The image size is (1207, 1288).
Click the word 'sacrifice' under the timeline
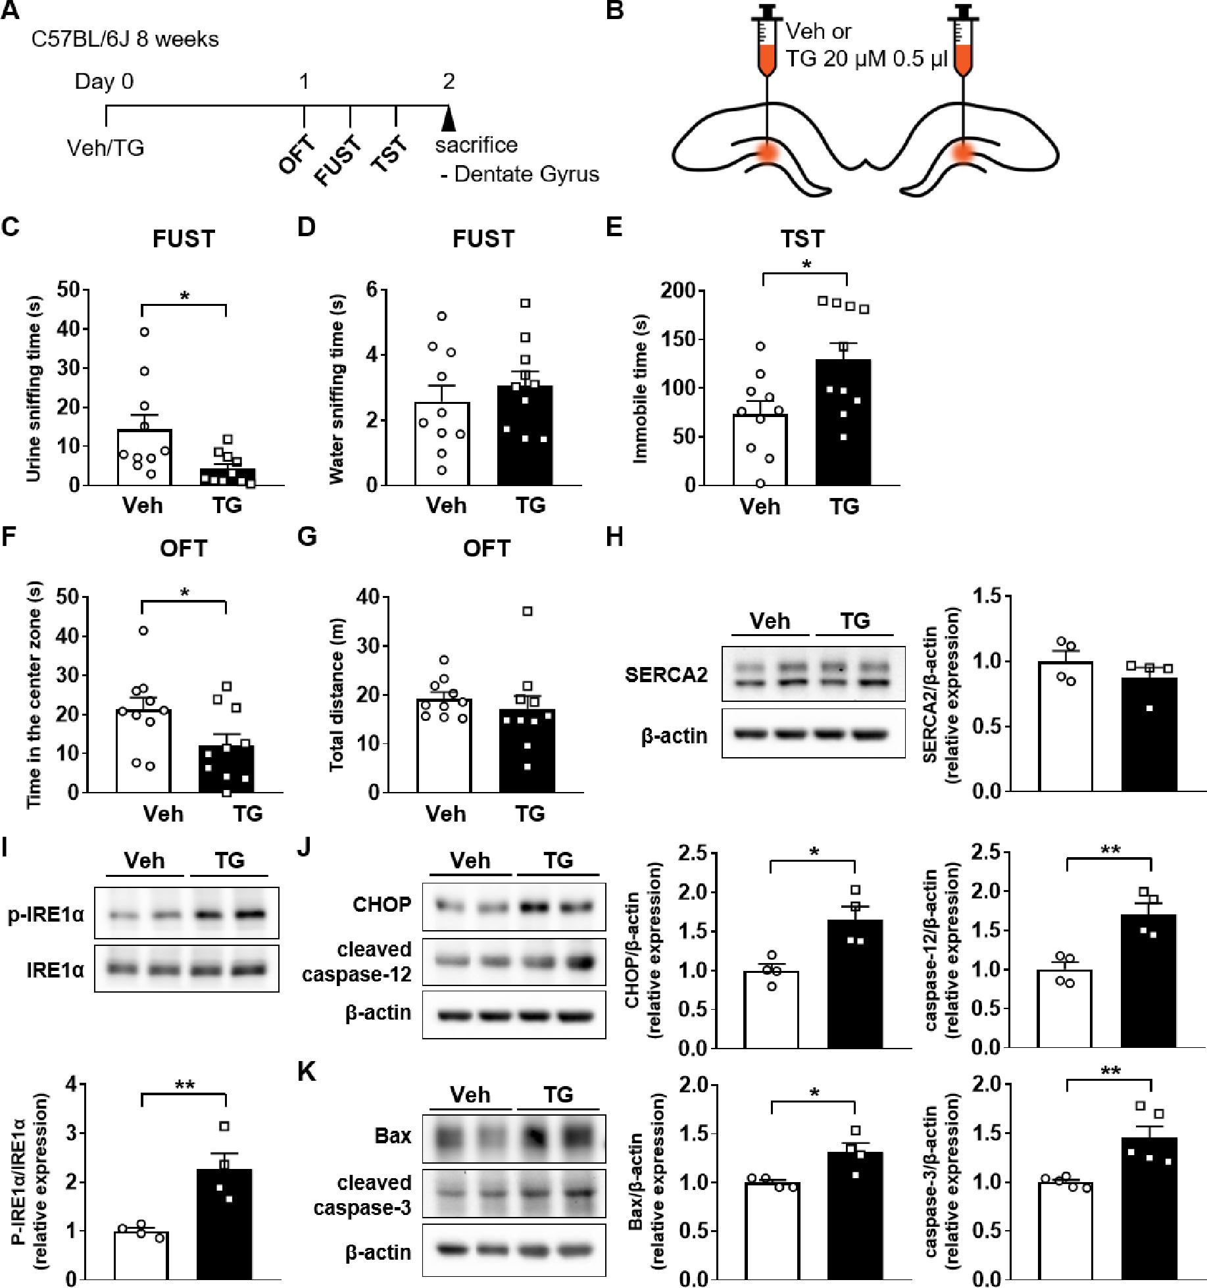(476, 145)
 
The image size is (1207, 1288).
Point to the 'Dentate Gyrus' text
(526, 174)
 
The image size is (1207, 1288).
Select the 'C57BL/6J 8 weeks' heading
(125, 39)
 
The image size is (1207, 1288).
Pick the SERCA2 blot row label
(666, 675)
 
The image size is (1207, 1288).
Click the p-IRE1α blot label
(46, 914)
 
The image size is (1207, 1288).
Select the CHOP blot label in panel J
(382, 904)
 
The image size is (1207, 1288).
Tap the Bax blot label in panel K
(393, 1135)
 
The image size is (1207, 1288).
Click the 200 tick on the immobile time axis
(678, 290)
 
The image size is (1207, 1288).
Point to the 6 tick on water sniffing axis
(372, 290)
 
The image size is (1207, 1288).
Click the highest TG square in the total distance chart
(527, 611)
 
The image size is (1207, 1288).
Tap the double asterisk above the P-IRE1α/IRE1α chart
(184, 1084)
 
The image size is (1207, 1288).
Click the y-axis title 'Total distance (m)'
(336, 694)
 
